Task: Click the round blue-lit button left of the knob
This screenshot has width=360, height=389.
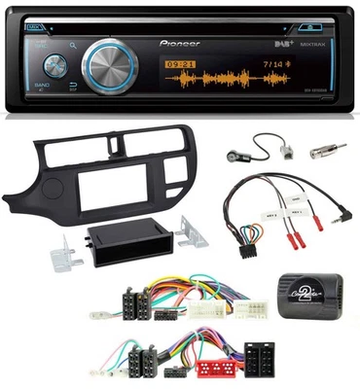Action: (x=54, y=66)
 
